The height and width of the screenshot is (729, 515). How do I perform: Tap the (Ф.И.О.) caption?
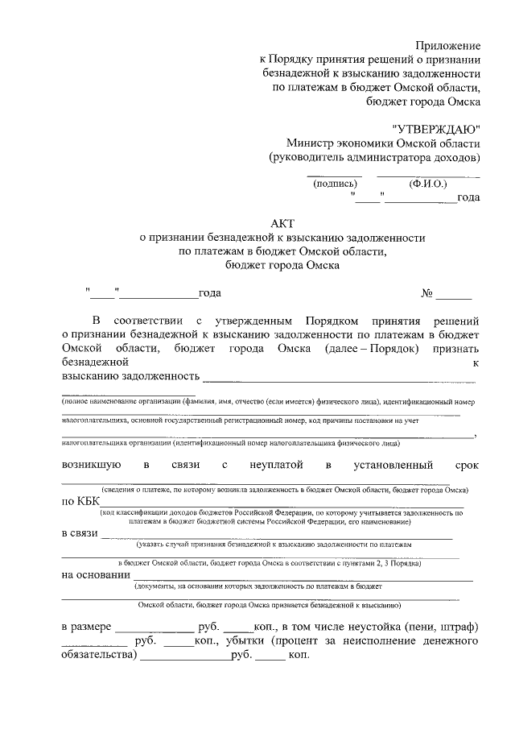426,184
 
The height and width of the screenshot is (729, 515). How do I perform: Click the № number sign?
427,293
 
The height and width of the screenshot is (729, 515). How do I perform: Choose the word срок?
466,465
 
